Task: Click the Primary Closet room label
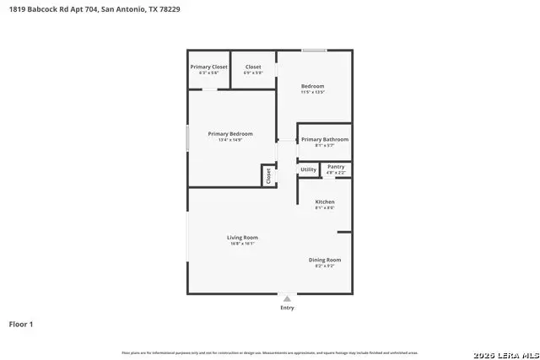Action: (208, 67)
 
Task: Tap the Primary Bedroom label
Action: (230, 133)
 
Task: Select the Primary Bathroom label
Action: (324, 139)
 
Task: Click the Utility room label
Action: (309, 169)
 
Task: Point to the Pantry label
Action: (336, 167)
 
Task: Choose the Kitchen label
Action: (325, 202)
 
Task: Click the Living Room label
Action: (241, 238)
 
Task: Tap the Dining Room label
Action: (325, 260)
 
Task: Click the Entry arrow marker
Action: (288, 298)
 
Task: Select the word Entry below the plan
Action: (288, 309)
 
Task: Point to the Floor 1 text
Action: (21, 324)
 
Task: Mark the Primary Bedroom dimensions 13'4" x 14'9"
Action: (230, 140)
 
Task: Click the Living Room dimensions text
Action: (241, 244)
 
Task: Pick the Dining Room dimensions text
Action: (325, 266)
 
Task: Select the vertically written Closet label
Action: (268, 175)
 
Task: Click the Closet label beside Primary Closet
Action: (253, 67)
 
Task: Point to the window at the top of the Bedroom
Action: (315, 51)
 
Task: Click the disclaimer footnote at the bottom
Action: (270, 352)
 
